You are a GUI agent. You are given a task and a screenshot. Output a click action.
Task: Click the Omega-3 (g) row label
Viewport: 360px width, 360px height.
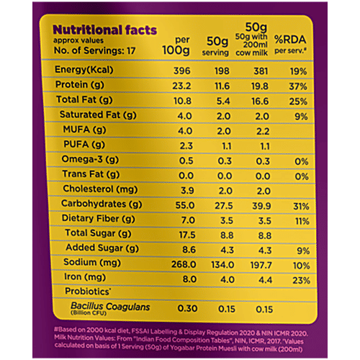coord(91,159)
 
